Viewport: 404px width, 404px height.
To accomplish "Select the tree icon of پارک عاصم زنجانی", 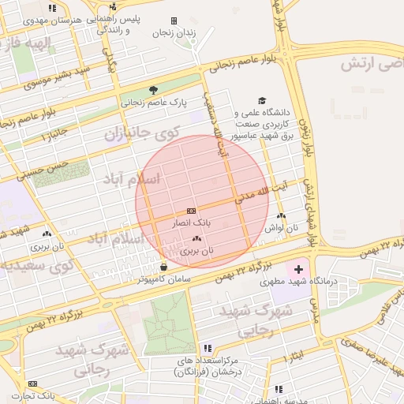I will tap(153, 90).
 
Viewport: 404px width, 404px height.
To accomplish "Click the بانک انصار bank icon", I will tap(191, 211).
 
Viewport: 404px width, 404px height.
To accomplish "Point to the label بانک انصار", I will tap(190, 224).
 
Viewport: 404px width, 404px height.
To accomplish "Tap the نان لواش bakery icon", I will tap(282, 215).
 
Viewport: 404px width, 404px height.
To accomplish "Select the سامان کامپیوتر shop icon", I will tap(163, 267).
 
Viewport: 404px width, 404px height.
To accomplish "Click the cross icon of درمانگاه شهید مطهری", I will tap(297, 270).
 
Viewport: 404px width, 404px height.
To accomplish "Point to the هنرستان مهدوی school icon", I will tap(53, 8).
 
